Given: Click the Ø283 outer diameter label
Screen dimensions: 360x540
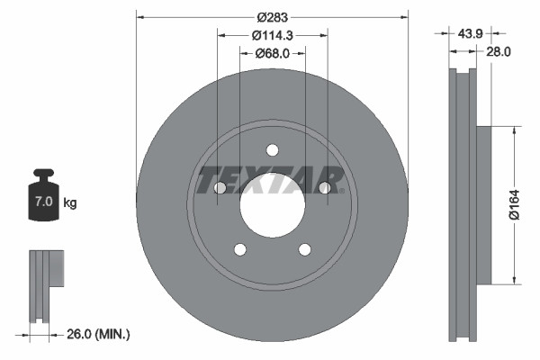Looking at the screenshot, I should click(272, 17).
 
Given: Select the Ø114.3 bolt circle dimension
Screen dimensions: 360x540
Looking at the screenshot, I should click(272, 35).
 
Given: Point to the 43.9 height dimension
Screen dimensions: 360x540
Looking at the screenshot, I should click(466, 33).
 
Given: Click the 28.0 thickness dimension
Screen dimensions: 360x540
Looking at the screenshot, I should click(499, 52).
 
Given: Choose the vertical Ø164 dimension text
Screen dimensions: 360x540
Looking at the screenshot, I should click(511, 202).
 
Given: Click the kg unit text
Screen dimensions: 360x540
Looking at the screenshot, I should click(70, 203).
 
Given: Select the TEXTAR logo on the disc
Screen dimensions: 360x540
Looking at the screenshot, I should click(271, 179).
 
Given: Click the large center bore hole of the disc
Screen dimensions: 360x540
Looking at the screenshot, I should click(273, 202).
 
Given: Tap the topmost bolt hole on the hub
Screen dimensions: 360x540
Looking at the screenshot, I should click(273, 150).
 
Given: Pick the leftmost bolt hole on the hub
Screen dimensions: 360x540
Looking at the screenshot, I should click(220, 187).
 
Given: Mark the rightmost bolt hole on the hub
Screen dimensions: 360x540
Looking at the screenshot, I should click(324, 187).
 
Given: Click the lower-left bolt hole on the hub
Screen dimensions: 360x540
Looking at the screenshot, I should click(240, 249).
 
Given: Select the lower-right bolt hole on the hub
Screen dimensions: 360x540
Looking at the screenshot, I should click(304, 249).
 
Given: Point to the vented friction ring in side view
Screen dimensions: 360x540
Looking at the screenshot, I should click(462, 204).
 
